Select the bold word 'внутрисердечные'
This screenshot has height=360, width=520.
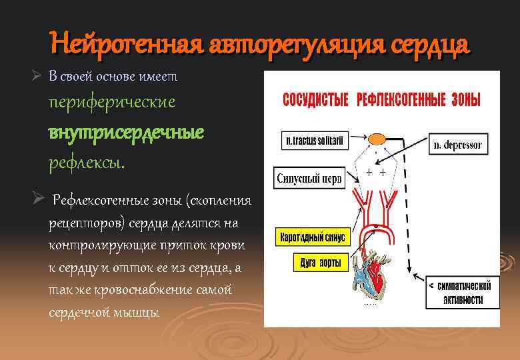tap(125, 132)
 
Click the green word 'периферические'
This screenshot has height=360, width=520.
tap(111, 103)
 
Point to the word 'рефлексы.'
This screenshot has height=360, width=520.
tap(86, 162)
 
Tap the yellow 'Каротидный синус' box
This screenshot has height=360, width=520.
tap(311, 237)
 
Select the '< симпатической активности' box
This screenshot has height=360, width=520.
tap(463, 293)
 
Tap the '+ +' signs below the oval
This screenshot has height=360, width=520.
tap(376, 172)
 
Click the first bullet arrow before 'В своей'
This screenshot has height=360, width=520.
tap(39, 77)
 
